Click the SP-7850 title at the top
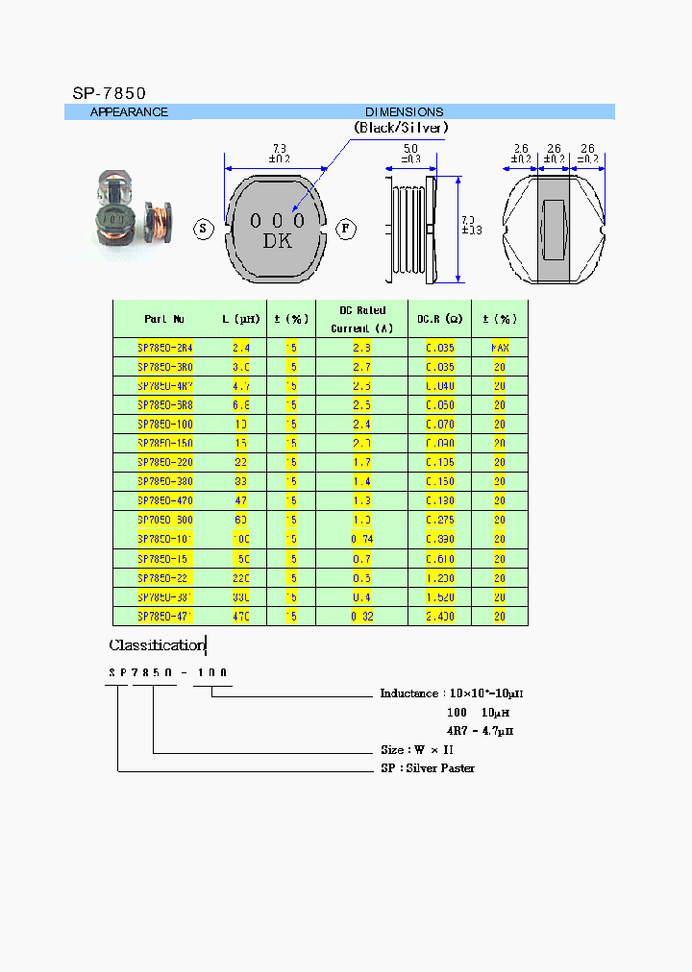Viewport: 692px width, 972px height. [x=109, y=93]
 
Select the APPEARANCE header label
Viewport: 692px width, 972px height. [x=129, y=112]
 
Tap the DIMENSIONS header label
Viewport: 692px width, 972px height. [x=404, y=112]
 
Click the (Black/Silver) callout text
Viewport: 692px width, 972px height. [x=401, y=127]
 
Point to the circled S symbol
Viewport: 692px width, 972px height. [x=203, y=229]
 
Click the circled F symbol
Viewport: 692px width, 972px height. [x=347, y=229]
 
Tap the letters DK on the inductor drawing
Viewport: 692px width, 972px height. [x=278, y=242]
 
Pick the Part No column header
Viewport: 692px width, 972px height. [x=164, y=319]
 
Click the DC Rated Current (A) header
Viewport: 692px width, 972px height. [x=362, y=319]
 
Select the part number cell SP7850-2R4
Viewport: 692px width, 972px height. [x=165, y=348]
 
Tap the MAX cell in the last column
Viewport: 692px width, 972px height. [x=500, y=348]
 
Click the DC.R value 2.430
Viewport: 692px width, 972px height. [x=440, y=617]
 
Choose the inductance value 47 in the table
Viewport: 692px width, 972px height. [x=241, y=501]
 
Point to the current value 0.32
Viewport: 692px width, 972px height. [x=362, y=617]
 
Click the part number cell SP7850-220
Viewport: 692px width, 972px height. [x=165, y=463]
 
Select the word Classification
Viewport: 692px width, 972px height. [x=157, y=645]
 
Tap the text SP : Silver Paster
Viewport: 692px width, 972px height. [x=428, y=768]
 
